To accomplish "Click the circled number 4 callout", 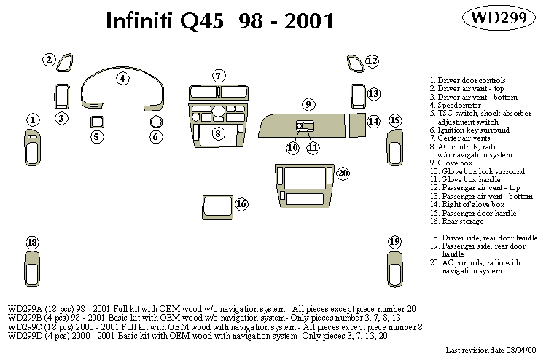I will [x=122, y=78].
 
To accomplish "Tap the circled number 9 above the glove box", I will [x=308, y=103].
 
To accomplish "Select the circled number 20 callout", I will [x=343, y=173].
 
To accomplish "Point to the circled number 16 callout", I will [x=241, y=204].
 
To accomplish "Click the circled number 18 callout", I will [x=32, y=242].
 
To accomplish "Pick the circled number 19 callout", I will [x=394, y=241].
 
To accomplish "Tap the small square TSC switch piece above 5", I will [x=96, y=121].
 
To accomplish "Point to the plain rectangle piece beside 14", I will [x=357, y=125].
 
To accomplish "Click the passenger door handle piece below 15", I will [x=394, y=148].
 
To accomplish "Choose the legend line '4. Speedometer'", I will [x=456, y=106].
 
